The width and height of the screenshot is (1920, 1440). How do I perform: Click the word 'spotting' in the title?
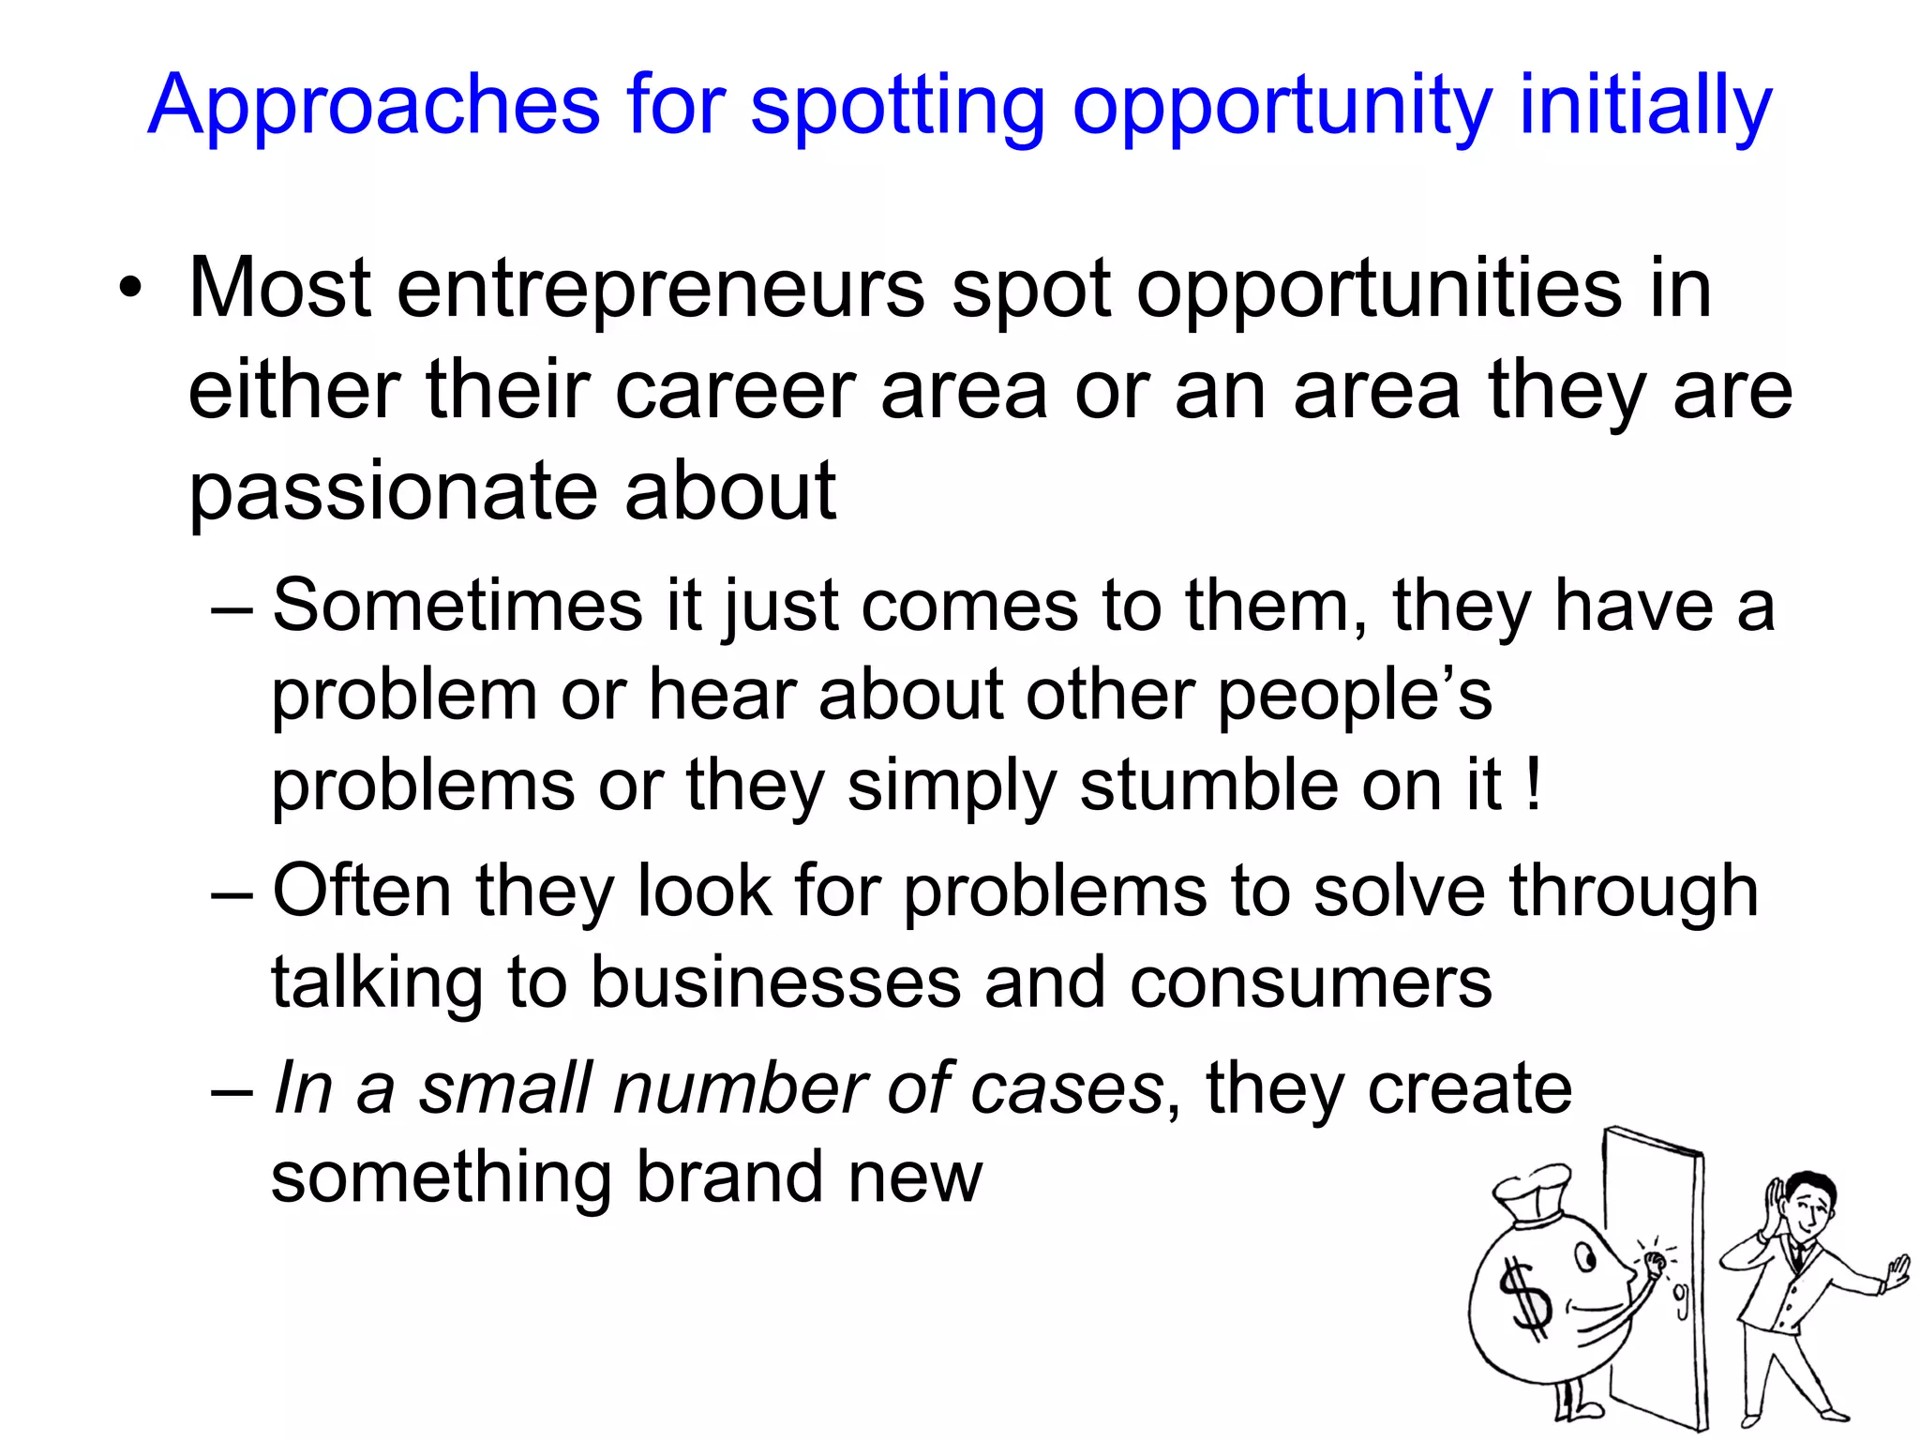tap(897, 108)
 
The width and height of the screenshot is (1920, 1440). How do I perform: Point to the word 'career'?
tap(735, 391)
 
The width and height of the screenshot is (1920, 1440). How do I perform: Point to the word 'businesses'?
tap(775, 983)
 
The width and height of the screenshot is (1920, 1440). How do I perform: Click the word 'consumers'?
tap(1310, 983)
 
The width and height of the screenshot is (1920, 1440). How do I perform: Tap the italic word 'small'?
tap(505, 1089)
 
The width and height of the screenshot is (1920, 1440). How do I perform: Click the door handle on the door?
tap(1682, 1300)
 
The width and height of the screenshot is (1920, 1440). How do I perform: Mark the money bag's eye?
tap(1585, 1256)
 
